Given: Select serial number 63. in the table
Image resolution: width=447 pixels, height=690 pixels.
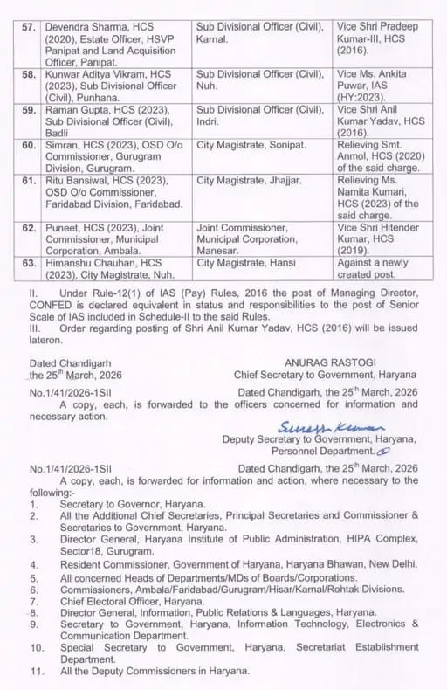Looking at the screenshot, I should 27,261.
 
